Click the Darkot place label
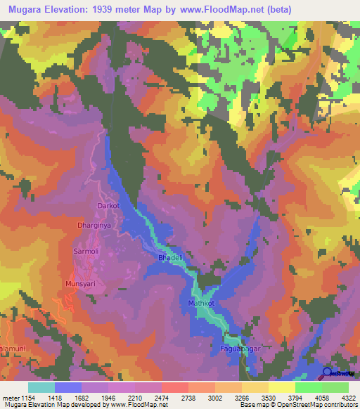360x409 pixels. [x=108, y=206]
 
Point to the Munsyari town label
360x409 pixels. [x=79, y=283]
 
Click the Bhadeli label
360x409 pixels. [x=171, y=259]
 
